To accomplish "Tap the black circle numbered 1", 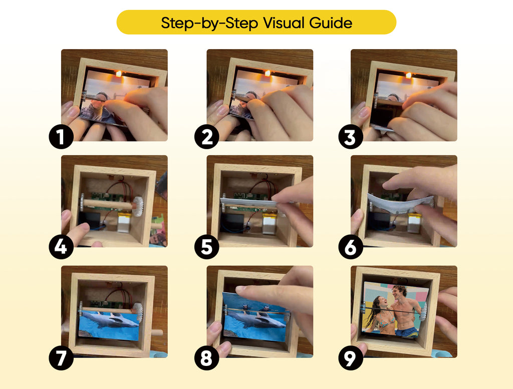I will [61, 137].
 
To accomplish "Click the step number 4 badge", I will [61, 247].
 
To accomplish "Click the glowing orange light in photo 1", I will [119, 74].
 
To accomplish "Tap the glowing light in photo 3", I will [408, 76].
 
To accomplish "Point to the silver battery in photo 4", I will [124, 221].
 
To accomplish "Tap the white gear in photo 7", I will [138, 312].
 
